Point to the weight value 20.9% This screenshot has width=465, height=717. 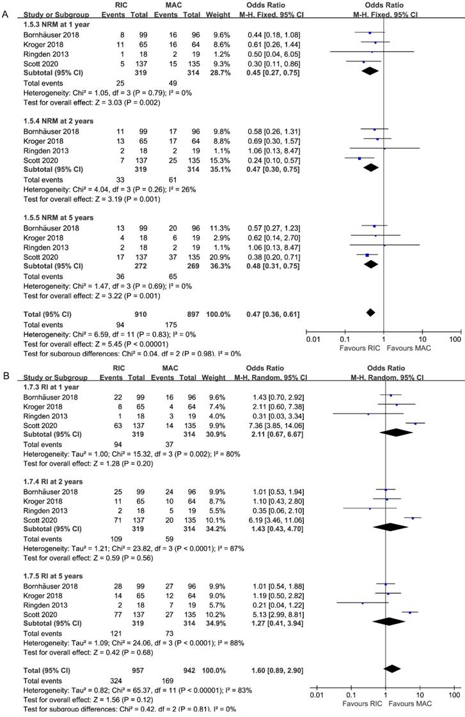click(x=207, y=256)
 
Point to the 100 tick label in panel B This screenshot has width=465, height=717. click(x=454, y=695)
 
